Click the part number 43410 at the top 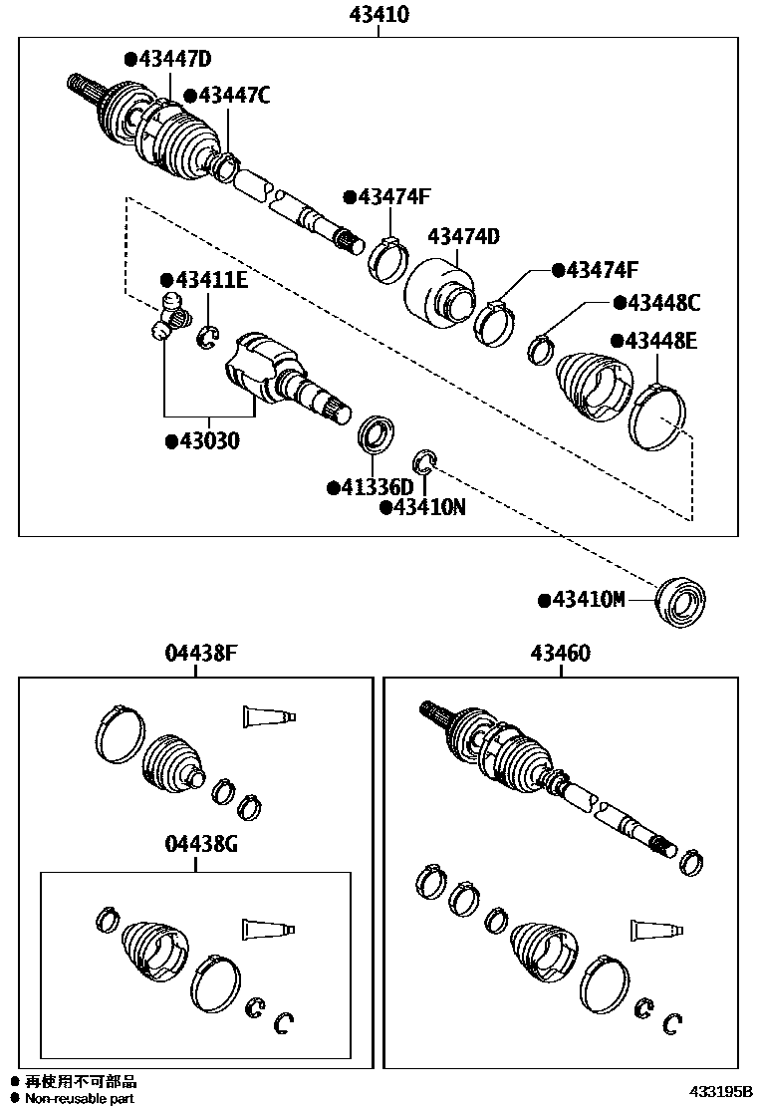pyautogui.click(x=378, y=15)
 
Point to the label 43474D pyautogui.click(x=463, y=236)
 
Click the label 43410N pyautogui.click(x=428, y=507)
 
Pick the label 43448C pyautogui.click(x=661, y=302)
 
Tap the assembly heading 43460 pyautogui.click(x=560, y=654)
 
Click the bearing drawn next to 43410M pyautogui.click(x=682, y=603)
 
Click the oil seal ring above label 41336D pyautogui.click(x=376, y=434)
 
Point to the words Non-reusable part pyautogui.click(x=80, y=1098)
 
